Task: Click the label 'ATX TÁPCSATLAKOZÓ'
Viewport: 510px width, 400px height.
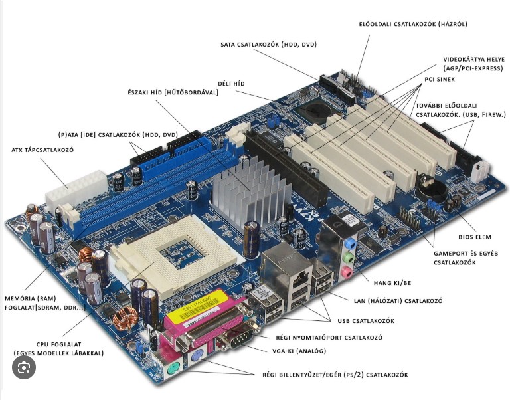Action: [42, 150]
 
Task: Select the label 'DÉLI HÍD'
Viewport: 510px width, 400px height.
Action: [231, 84]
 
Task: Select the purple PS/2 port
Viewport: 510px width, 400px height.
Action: [197, 357]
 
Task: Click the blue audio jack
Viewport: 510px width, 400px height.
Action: [350, 243]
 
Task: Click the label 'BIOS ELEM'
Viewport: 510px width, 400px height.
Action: [475, 237]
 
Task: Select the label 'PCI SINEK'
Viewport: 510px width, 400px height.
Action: [440, 80]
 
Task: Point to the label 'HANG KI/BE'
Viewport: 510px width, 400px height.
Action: [392, 283]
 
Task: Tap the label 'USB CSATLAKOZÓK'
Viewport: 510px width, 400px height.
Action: [366, 321]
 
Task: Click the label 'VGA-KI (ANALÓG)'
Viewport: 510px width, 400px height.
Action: [299, 351]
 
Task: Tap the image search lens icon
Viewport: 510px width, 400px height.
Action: [24, 367]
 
